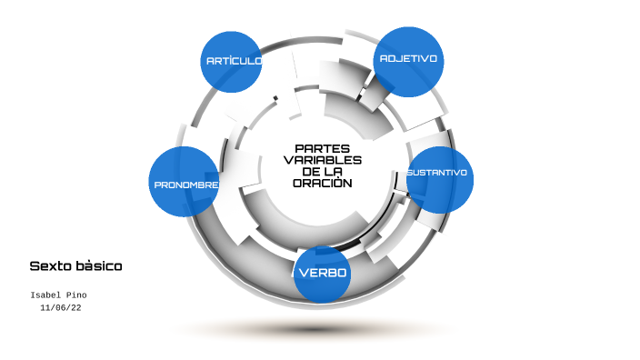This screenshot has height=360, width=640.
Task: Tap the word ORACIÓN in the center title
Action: click(x=322, y=183)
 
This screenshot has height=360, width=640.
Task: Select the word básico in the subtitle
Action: click(x=99, y=266)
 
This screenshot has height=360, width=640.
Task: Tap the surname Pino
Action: click(x=78, y=295)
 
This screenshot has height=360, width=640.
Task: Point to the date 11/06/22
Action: click(x=61, y=308)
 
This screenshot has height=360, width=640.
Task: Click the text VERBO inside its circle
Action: click(x=323, y=273)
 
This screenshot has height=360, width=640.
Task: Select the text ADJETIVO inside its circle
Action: click(x=408, y=58)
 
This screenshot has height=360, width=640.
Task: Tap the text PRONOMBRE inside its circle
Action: click(x=185, y=185)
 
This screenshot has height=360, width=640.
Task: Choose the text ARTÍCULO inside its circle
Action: click(x=234, y=61)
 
